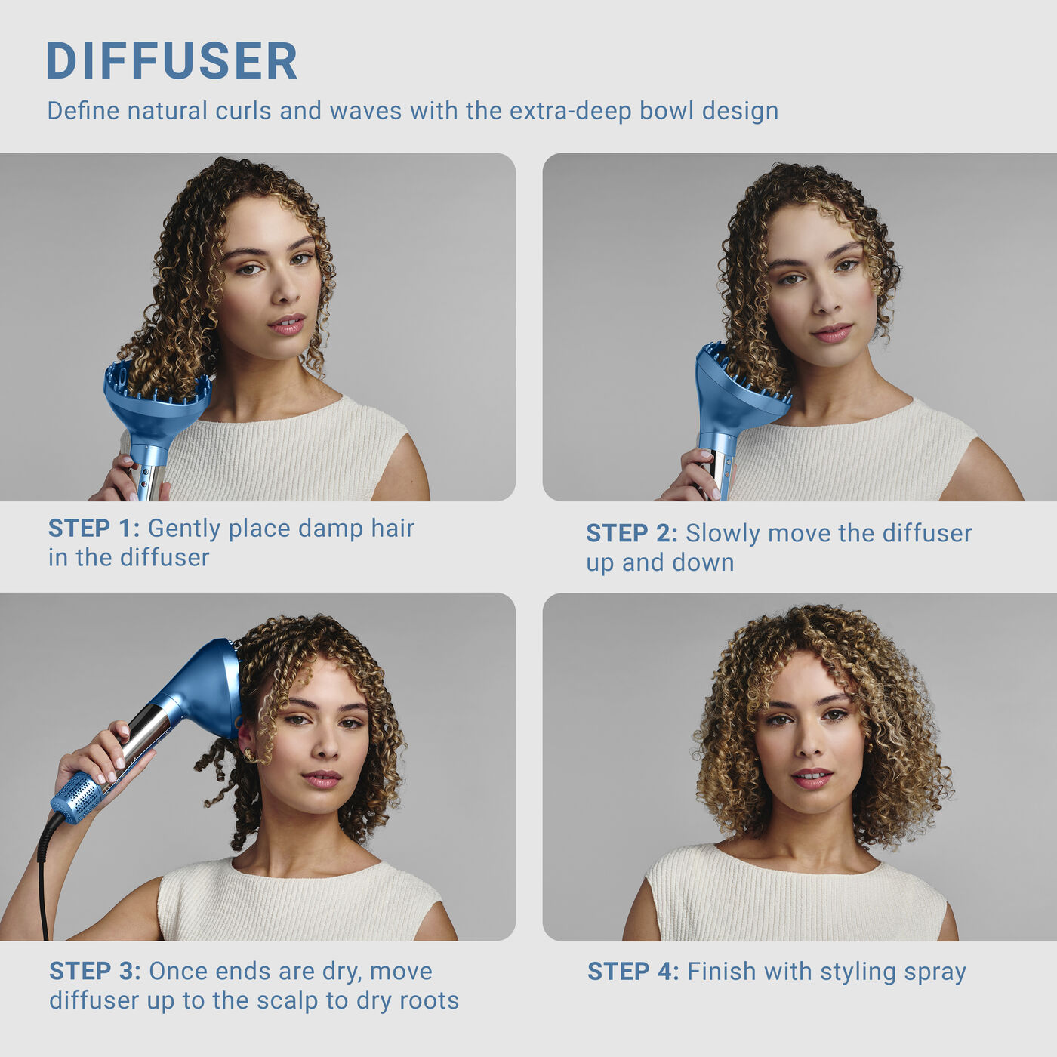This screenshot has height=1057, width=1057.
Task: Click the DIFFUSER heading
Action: click(x=171, y=61)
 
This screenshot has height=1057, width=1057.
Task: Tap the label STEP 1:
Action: click(x=94, y=528)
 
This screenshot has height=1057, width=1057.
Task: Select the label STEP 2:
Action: click(x=632, y=533)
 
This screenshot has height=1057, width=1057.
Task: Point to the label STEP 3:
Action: click(x=95, y=971)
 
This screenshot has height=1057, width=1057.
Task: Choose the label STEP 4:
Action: click(x=633, y=972)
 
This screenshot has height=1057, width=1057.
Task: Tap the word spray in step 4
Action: click(x=935, y=972)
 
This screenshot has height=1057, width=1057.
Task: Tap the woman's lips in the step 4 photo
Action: click(x=812, y=777)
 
